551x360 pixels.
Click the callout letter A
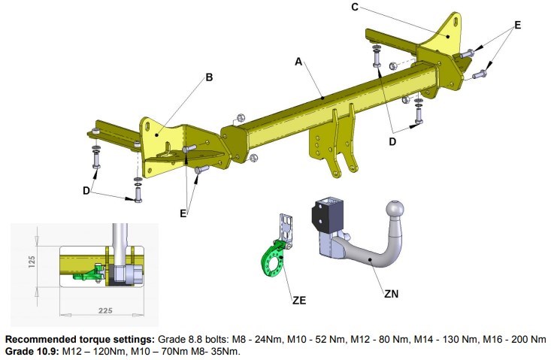pos(298,62)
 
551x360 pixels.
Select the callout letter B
pos(209,77)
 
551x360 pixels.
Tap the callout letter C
pos(355,7)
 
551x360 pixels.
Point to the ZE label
pos(299,301)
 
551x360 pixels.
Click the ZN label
pos(391,294)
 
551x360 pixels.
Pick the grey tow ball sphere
pos(395,210)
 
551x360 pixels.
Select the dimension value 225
pos(105,310)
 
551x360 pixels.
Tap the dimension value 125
pos(32,262)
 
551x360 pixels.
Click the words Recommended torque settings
pos(80,340)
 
